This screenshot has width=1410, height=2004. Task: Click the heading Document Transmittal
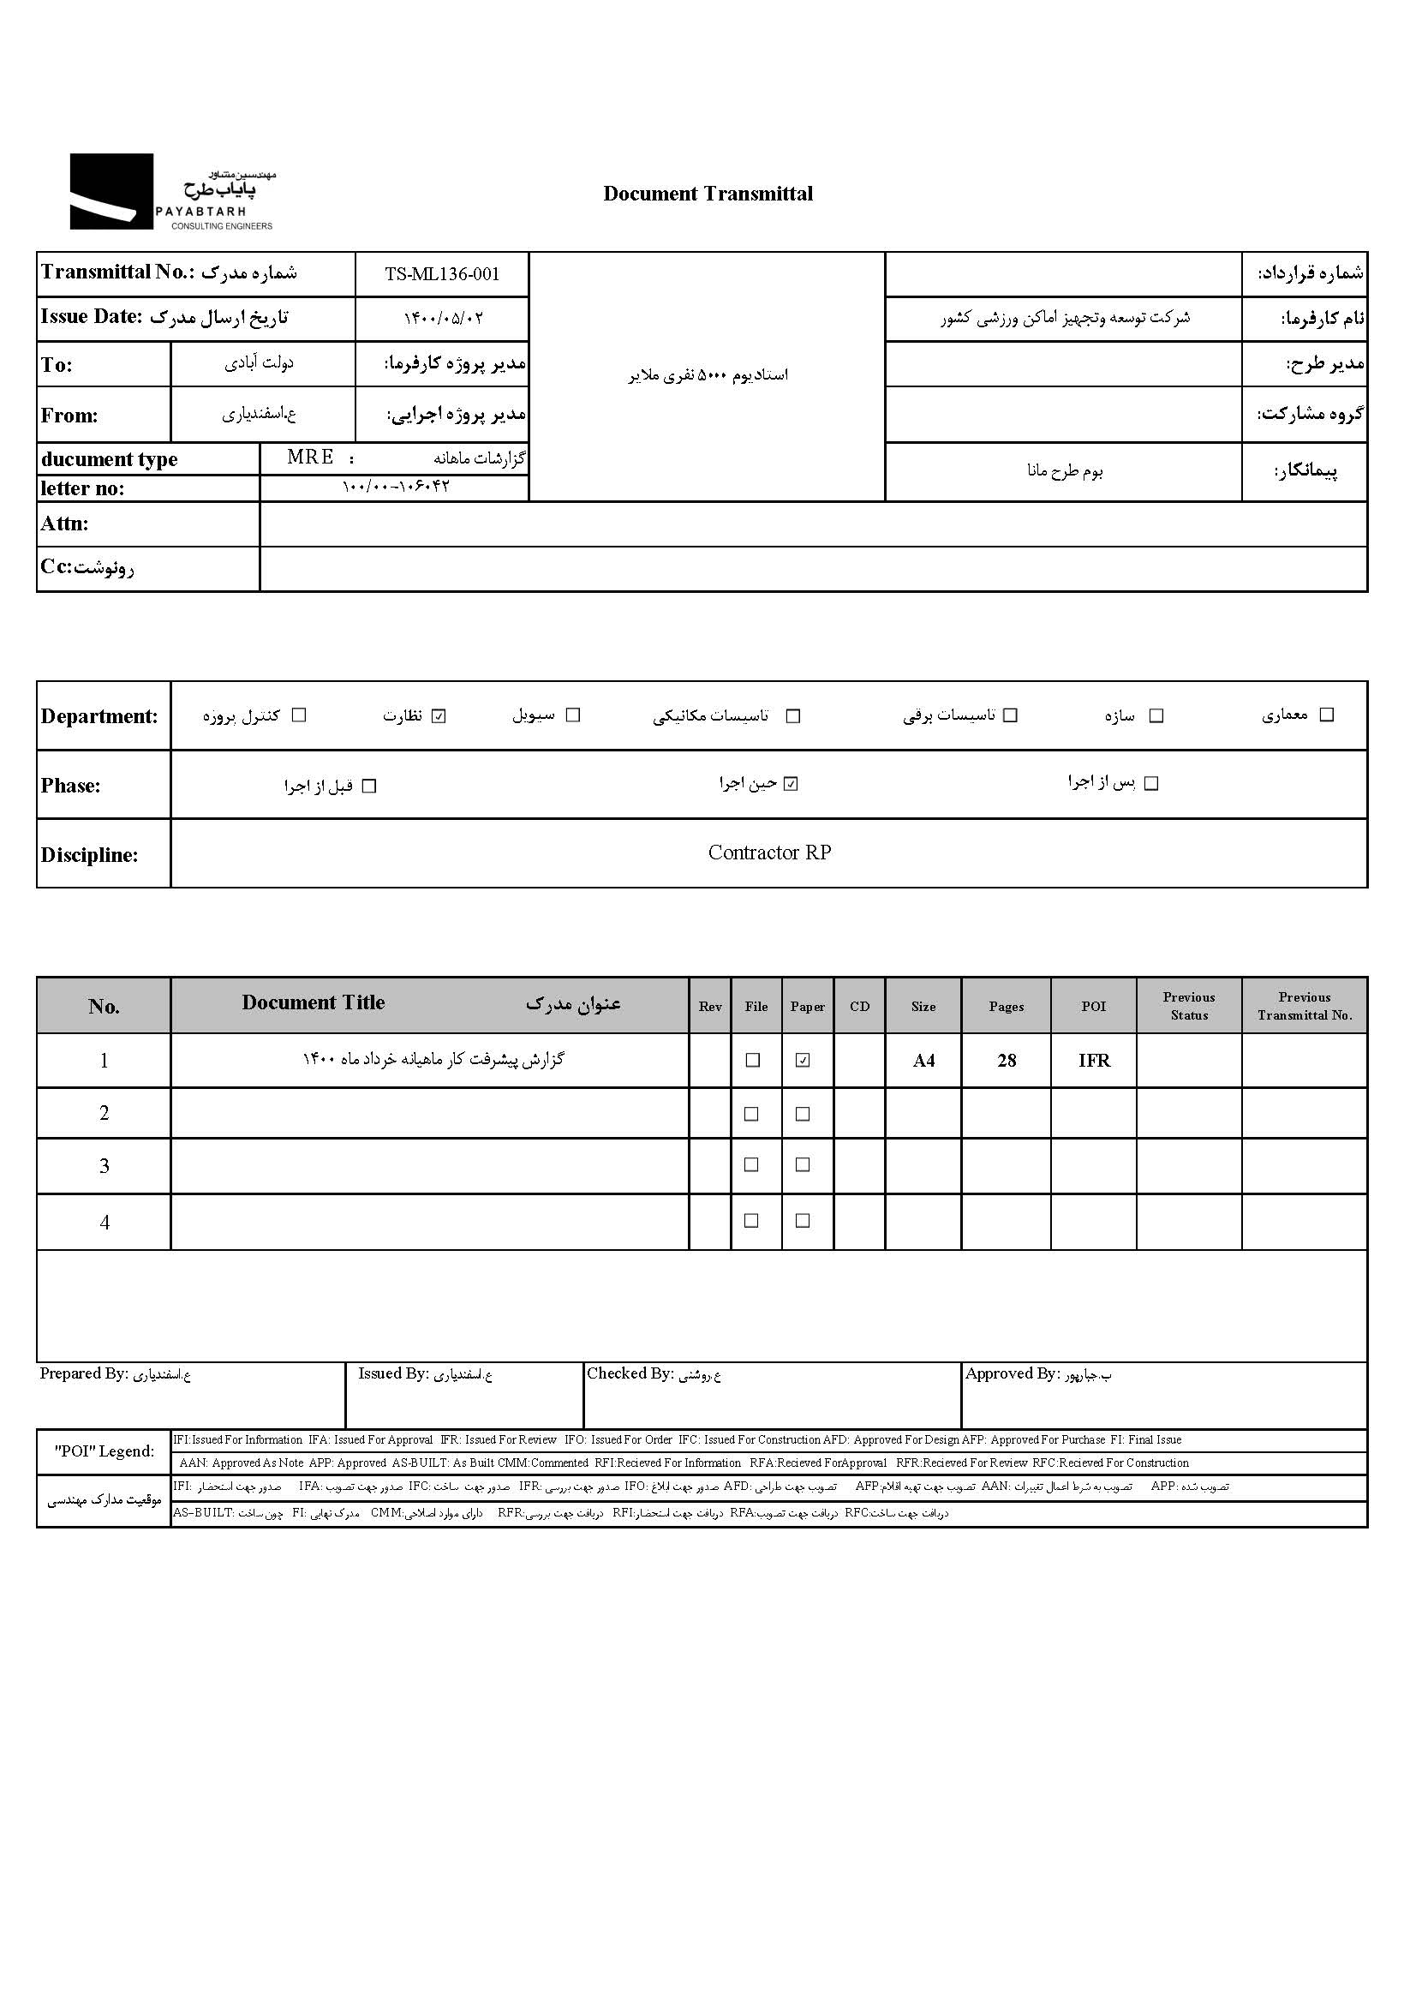(x=708, y=194)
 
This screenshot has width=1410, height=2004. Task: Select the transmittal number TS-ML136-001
(x=442, y=274)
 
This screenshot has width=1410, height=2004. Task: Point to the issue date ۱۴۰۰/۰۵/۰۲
(x=442, y=319)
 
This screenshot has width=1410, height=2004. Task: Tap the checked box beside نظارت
(x=439, y=716)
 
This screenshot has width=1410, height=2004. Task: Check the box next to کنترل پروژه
(x=299, y=715)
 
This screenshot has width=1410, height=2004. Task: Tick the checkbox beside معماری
(x=1327, y=715)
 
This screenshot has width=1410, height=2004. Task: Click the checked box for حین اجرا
(x=792, y=784)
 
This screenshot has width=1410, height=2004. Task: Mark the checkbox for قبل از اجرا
(x=369, y=787)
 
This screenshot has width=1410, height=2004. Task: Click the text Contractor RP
(x=769, y=852)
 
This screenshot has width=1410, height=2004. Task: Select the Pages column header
(x=1006, y=1007)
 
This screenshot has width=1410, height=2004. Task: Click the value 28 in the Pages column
(x=1007, y=1061)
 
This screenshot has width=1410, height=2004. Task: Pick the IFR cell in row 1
(x=1093, y=1061)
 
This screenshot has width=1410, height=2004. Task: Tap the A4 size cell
(x=923, y=1061)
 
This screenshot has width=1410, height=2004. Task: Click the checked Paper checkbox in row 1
(x=803, y=1061)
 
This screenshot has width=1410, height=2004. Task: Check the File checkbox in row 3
(x=751, y=1165)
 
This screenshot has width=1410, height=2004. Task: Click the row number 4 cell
(x=104, y=1222)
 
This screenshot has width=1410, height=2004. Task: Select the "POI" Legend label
(x=104, y=1451)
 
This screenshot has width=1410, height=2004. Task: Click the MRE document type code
(x=311, y=458)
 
